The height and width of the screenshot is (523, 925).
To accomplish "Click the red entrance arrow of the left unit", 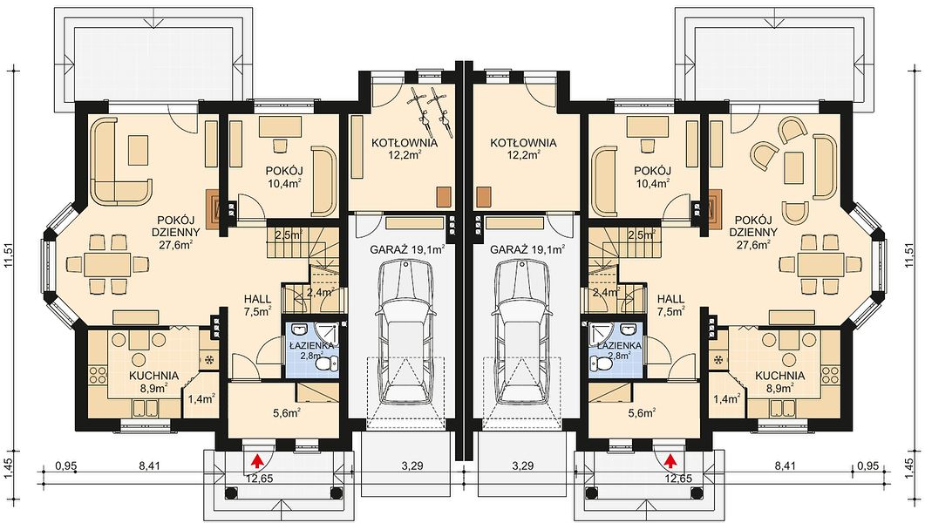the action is pos(257,459).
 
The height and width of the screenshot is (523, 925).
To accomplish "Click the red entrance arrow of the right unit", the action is pos(670,459).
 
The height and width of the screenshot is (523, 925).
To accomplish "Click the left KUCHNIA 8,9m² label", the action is pos(153,381).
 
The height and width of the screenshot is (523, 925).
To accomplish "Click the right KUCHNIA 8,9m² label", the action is pos(779,381).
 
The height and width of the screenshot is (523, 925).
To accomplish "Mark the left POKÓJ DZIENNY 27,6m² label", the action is pos(176,232).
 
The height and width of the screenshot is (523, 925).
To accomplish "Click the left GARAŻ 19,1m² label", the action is pos(408,249).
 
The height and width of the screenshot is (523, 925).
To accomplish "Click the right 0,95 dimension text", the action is pos(867,465).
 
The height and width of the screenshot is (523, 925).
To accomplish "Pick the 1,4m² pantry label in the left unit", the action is pos(200,400).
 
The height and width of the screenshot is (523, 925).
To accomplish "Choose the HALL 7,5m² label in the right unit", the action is pos(670,304).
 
